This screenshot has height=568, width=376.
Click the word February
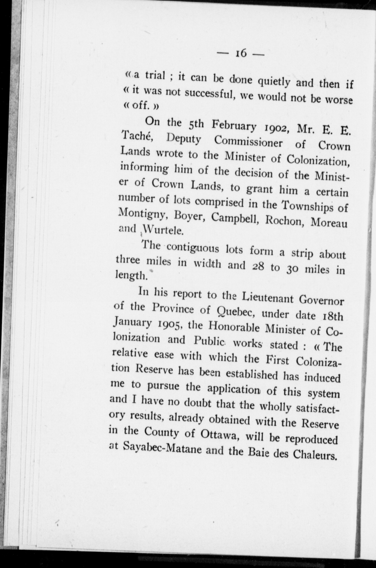tap(234, 126)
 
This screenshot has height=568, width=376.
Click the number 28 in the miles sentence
tap(258, 267)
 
